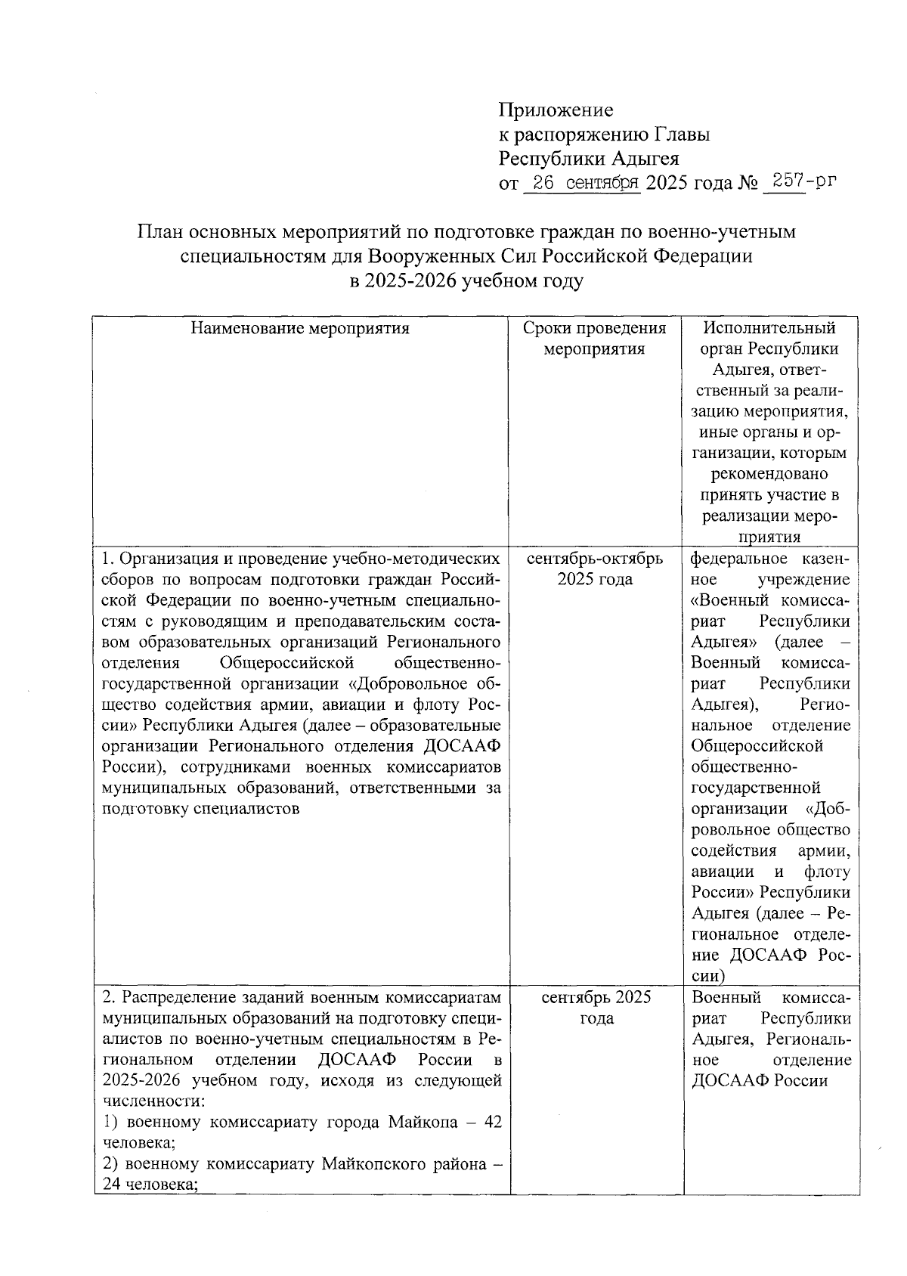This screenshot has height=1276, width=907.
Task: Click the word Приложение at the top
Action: coord(556,110)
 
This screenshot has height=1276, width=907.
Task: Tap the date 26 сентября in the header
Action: coord(583,183)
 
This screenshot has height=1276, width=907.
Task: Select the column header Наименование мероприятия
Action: coord(300,328)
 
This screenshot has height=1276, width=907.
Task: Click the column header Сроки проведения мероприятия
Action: coord(595,338)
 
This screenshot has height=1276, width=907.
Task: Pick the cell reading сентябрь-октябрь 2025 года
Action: coord(595,569)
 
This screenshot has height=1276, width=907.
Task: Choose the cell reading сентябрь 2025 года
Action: coord(596,1008)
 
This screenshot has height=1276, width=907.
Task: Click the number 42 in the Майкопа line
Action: coord(493,1122)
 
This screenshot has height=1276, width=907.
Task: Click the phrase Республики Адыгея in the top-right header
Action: coord(589,159)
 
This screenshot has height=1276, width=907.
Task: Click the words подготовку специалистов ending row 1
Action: coord(200,808)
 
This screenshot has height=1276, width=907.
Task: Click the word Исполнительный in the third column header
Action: coord(769,328)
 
